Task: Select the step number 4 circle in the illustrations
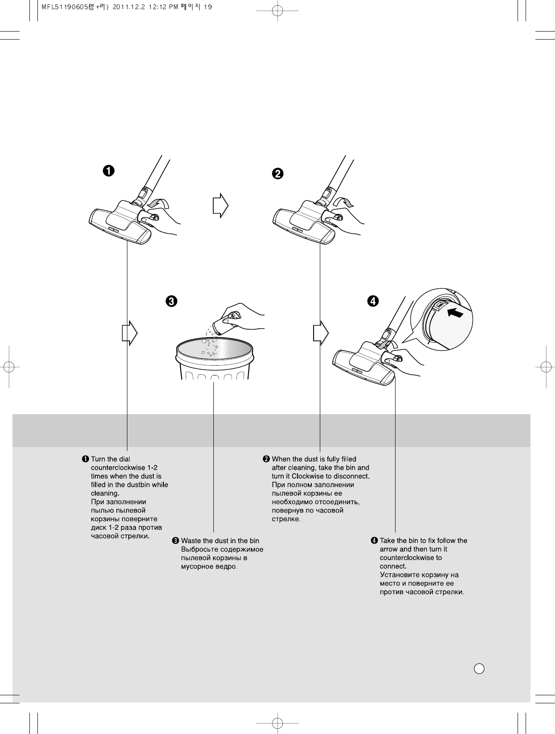373,301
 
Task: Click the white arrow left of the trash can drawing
128,332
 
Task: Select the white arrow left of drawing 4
320,332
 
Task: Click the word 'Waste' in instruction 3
190,540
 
